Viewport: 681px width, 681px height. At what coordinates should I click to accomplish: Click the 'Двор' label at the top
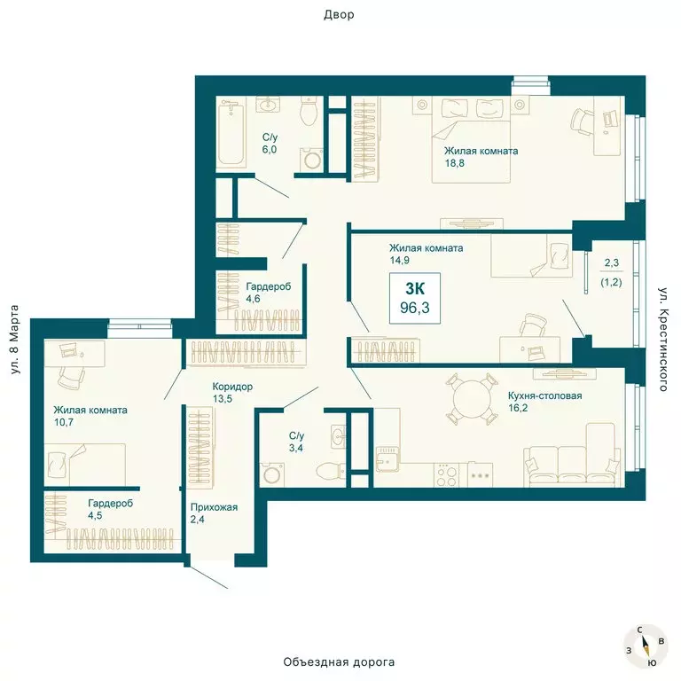coord(339,15)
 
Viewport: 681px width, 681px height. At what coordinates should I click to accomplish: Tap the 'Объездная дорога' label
coord(339,661)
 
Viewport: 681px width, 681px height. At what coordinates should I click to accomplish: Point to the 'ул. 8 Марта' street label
coord(14,340)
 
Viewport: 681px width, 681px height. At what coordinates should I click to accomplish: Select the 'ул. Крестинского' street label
coord(662,340)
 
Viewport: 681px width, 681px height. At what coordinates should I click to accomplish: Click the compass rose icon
coord(645,645)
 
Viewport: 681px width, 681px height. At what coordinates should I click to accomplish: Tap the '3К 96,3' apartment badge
coord(415,298)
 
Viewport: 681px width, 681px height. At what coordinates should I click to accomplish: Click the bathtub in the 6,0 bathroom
coord(231,132)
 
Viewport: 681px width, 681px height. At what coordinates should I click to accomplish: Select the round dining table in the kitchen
coord(471,399)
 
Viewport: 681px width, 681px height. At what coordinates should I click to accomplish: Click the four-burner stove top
coord(447,474)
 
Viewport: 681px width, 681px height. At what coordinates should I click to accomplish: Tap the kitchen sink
coord(387,459)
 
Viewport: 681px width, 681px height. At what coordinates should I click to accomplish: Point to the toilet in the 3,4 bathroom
coord(331,470)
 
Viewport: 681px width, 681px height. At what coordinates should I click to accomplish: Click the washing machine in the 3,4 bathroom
coord(272,474)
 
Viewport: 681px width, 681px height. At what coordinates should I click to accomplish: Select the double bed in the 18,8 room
coord(471,140)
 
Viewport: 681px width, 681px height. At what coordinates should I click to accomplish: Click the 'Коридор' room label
coord(232,387)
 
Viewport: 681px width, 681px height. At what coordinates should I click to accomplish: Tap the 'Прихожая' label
coord(214,507)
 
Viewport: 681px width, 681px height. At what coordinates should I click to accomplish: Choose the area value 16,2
coord(518,408)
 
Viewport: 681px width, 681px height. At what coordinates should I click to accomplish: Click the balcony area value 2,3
coord(612,262)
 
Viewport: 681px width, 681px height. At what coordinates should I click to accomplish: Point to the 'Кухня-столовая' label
coord(544,395)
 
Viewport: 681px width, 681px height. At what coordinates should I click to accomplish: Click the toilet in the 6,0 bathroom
coord(309,111)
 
